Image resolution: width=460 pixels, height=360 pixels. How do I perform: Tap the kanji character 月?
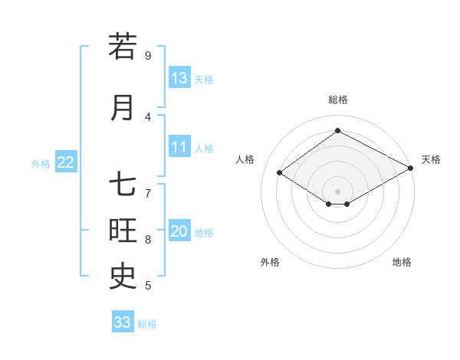point(123,107)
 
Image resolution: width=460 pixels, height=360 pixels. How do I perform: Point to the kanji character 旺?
point(123,231)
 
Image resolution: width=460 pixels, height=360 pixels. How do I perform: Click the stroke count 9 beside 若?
point(147,56)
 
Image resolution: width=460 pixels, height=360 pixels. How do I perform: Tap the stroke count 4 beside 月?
point(147,117)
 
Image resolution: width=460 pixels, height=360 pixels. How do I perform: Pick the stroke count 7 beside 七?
point(147,194)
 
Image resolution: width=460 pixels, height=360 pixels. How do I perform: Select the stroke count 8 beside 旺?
point(147,240)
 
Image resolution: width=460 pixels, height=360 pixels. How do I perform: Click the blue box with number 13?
point(179,78)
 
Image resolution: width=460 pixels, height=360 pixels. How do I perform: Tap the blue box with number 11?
point(179,147)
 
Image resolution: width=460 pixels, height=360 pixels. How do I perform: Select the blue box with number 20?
point(179,232)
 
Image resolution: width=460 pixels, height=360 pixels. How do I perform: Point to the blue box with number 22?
point(66,162)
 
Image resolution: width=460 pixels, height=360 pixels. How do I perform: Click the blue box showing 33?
point(123,322)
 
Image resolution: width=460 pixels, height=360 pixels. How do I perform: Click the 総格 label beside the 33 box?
point(147,324)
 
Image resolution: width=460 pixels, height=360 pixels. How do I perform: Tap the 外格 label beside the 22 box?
point(41,163)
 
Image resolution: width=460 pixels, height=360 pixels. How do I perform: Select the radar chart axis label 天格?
point(431,159)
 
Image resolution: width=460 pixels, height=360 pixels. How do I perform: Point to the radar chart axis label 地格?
point(402,262)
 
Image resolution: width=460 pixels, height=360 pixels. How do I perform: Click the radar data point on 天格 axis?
point(411,169)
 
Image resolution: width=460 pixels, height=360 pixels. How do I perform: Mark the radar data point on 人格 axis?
point(280,173)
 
